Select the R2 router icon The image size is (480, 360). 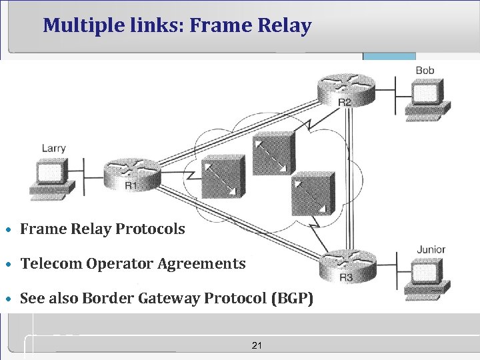(x=346, y=88)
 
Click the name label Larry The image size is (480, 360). (x=53, y=148)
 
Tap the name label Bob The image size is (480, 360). (x=425, y=70)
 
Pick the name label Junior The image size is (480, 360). (x=431, y=250)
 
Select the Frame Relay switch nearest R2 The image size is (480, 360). (x=273, y=153)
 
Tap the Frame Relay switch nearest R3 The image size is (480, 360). (x=313, y=192)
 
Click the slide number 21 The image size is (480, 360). (x=257, y=345)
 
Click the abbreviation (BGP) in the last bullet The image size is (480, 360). (x=290, y=298)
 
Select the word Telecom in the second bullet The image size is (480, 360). (x=49, y=263)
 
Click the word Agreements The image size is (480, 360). (x=201, y=263)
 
